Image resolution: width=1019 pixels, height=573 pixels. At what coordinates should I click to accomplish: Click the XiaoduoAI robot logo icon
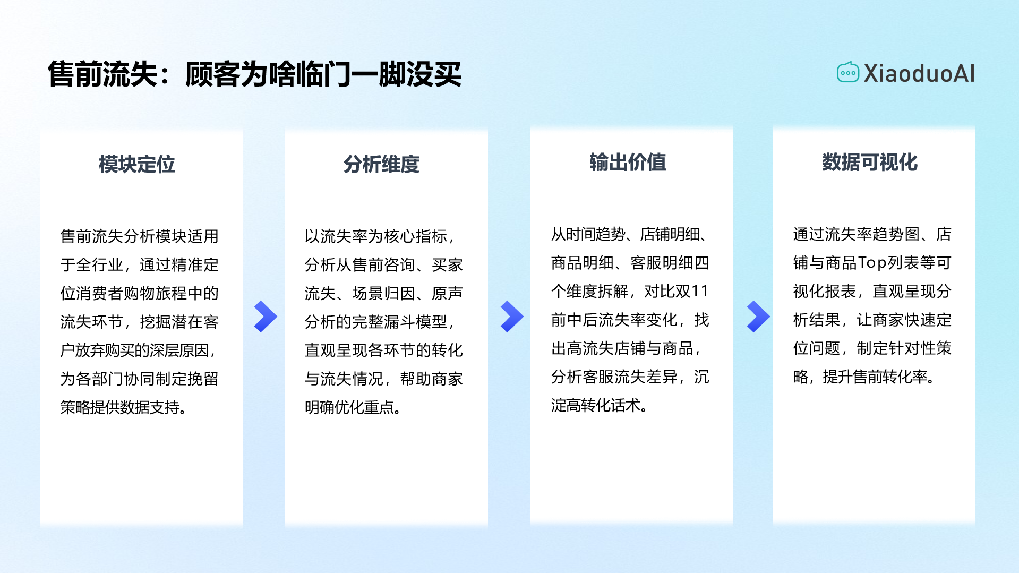click(x=847, y=73)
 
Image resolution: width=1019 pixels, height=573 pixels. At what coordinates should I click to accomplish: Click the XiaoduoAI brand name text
click(x=919, y=73)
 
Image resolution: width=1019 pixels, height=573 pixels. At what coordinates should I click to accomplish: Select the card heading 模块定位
click(x=137, y=164)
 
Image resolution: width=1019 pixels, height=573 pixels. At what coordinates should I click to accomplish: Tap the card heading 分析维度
click(x=381, y=164)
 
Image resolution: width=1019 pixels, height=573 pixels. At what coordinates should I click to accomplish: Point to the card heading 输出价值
click(x=628, y=162)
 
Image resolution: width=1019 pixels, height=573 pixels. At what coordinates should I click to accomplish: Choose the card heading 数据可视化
click(x=870, y=162)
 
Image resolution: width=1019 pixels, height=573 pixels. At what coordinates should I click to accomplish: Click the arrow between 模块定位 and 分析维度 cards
click(x=266, y=317)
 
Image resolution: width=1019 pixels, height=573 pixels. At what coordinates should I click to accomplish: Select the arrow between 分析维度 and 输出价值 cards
click(x=511, y=317)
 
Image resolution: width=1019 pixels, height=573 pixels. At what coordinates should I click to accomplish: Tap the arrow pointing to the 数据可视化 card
click(x=758, y=317)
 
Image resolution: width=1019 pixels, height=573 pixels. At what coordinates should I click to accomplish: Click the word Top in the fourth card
click(x=872, y=263)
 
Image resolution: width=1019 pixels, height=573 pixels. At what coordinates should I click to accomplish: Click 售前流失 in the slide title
click(x=103, y=74)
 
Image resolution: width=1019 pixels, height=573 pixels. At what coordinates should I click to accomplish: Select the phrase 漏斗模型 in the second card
click(x=416, y=322)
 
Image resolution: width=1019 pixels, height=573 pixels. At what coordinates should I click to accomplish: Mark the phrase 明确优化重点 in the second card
click(x=349, y=407)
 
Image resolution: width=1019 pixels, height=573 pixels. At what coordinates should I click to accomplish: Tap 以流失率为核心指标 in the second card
click(x=376, y=236)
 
